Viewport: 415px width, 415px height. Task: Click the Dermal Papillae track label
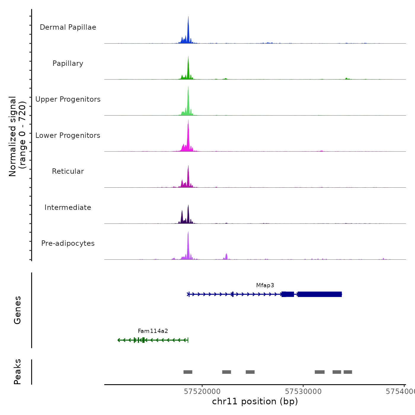point(68,27)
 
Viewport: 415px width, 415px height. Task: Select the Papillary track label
point(68,63)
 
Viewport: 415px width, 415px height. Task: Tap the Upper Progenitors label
point(68,99)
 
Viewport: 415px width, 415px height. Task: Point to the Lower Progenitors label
point(68,135)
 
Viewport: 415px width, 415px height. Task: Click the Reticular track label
point(68,171)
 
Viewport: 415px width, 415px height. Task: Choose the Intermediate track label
point(68,207)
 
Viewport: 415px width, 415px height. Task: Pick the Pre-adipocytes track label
point(68,243)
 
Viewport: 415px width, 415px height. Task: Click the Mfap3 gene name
point(265,285)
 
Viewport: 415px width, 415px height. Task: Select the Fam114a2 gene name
point(153,331)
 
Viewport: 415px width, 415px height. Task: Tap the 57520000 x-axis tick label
point(202,392)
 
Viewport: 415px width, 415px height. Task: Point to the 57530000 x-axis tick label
point(303,392)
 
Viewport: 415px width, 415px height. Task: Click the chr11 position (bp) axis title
point(255,401)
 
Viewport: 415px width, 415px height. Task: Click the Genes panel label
point(17,310)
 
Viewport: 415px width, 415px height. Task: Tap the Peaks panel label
point(17,372)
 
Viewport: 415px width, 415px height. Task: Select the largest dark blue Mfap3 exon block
point(320,294)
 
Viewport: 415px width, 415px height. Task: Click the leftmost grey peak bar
point(188,372)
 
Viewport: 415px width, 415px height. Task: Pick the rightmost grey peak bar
point(348,372)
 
